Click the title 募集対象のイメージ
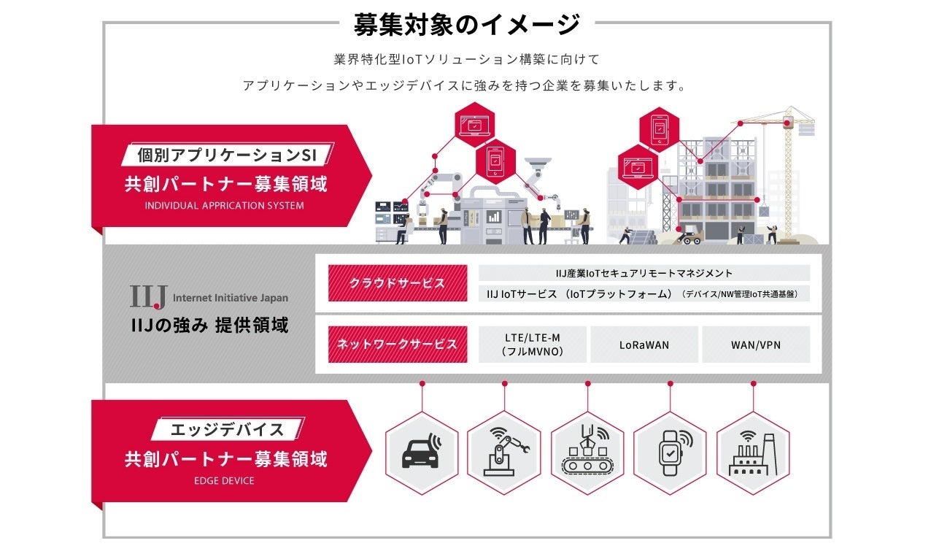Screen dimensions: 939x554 click(467, 24)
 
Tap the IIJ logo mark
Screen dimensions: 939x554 click(149, 296)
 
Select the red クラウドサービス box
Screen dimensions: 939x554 click(398, 283)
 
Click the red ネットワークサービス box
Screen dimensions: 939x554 click(398, 345)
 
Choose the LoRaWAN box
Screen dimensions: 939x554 click(644, 345)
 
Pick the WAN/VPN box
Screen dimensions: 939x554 click(756, 345)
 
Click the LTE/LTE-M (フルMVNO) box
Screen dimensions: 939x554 click(533, 345)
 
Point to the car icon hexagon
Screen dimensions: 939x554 click(422, 453)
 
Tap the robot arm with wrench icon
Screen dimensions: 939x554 click(504, 453)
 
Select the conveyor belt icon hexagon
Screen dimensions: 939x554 click(587, 453)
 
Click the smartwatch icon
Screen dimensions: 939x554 click(671, 453)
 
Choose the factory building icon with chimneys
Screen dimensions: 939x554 click(753, 453)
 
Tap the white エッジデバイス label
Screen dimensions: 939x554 click(227, 429)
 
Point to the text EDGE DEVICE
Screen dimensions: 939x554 click(224, 481)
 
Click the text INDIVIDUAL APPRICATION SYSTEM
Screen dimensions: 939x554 click(224, 206)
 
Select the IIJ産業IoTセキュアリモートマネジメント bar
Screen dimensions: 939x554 click(644, 273)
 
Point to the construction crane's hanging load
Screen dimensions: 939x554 click(807, 128)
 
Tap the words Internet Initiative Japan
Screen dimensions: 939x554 click(231, 298)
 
